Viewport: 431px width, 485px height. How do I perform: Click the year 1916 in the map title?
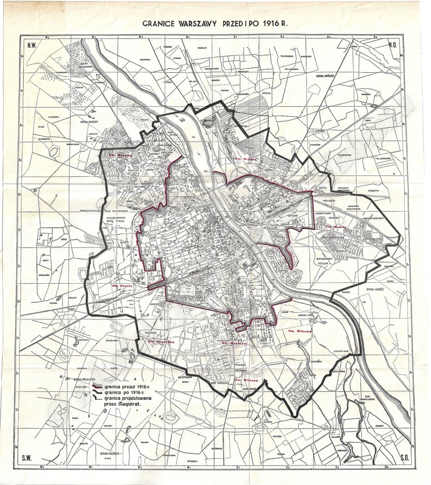point(276,24)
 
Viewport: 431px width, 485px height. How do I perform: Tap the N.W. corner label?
point(32,45)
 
